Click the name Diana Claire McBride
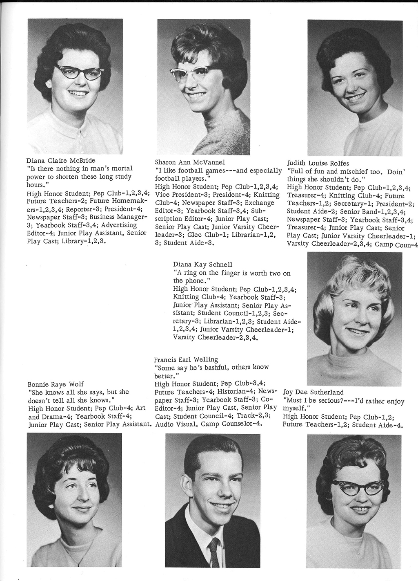[x=61, y=160]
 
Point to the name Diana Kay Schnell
[x=202, y=265]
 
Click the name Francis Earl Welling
[x=186, y=359]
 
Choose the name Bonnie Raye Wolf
[x=56, y=384]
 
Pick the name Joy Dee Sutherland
[x=313, y=392]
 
